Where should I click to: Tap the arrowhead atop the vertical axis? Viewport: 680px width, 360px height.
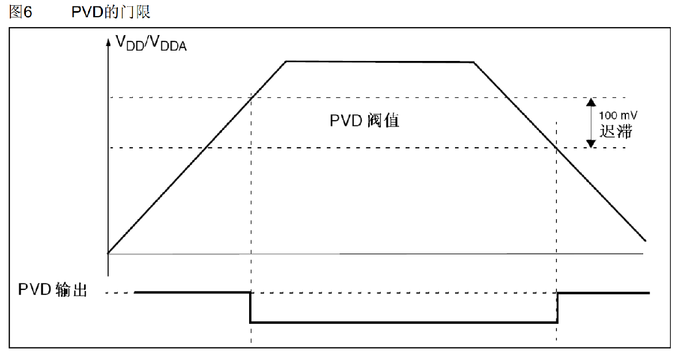tap(108, 42)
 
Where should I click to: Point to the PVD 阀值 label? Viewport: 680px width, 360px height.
tap(364, 121)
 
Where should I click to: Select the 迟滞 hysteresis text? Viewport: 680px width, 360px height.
tap(616, 131)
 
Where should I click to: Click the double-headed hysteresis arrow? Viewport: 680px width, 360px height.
tap(590, 122)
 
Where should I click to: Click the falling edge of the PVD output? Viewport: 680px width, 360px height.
tap(250, 308)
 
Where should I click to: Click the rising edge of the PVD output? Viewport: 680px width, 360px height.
tap(557, 308)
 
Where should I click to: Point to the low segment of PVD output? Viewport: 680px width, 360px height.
tap(403, 323)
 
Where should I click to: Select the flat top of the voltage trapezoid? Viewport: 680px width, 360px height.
tap(380, 62)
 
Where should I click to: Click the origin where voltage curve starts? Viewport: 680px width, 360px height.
tap(108, 253)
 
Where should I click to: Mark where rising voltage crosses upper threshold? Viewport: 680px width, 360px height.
tap(252, 98)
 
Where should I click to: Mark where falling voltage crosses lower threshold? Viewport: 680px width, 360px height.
tap(557, 148)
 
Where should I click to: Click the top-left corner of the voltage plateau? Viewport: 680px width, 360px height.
tap(286, 62)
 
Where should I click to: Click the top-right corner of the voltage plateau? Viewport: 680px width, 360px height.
tap(473, 62)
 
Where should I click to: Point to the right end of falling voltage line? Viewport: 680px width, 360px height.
tap(645, 240)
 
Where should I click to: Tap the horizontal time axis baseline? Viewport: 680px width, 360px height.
tap(374, 254)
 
